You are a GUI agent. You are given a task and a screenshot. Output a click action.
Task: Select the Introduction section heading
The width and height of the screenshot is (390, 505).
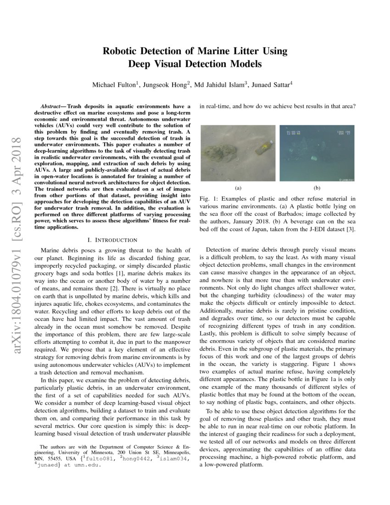click(x=115, y=240)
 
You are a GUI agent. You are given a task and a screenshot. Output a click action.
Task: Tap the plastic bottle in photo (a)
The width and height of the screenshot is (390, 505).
click(x=265, y=148)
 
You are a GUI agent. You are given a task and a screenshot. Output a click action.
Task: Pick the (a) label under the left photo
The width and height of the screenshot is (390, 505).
click(x=238, y=188)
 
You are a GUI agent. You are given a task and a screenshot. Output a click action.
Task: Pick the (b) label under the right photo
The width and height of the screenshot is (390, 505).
click(x=317, y=188)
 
